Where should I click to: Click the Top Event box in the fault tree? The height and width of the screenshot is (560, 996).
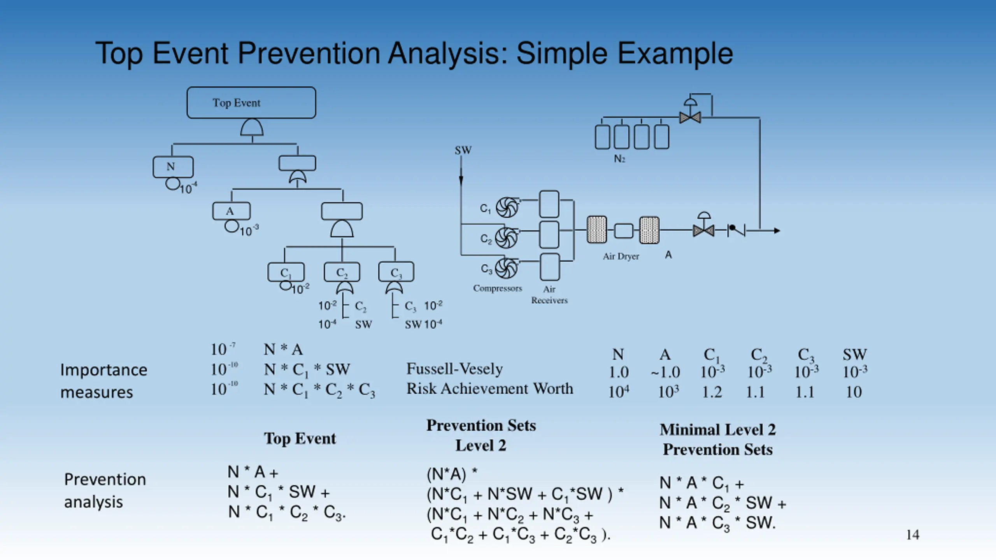251,103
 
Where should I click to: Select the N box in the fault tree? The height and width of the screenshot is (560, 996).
173,167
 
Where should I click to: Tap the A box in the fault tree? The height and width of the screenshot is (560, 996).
231,211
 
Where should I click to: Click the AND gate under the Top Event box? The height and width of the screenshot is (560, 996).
252,128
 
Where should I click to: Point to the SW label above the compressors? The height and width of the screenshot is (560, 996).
463,150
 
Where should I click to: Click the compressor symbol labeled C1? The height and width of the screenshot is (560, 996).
507,207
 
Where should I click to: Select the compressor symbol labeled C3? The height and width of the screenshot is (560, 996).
506,268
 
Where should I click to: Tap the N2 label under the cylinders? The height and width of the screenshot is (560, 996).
619,159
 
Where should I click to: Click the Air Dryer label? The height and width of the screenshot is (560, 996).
621,256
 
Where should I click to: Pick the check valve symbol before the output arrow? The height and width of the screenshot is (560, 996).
736,230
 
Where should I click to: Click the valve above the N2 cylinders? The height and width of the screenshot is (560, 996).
690,113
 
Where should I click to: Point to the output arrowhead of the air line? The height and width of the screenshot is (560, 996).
777,231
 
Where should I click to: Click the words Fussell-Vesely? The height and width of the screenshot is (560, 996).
454,369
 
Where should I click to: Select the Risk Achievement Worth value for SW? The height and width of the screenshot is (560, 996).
854,392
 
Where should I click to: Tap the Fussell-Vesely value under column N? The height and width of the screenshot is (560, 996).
619,373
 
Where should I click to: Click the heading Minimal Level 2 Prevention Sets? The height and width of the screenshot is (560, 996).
718,439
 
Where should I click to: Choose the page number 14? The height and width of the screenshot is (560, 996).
913,535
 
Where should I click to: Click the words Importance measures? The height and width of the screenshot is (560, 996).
104,381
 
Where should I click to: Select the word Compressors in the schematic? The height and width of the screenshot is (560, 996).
498,289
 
